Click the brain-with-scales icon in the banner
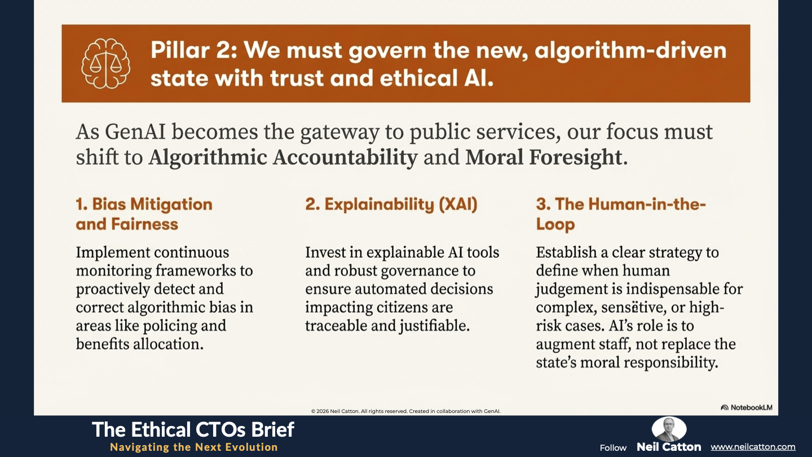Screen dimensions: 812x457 click(106, 63)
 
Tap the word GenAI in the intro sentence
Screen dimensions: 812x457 click(135, 131)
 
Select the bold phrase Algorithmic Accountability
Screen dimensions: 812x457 click(283, 157)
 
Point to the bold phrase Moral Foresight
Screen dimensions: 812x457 click(544, 157)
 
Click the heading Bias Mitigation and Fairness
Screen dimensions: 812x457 click(144, 214)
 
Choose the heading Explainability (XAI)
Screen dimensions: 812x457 click(391, 204)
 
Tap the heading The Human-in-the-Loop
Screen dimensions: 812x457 click(621, 214)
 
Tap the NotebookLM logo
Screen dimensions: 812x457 click(747, 407)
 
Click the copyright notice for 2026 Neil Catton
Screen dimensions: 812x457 click(405, 411)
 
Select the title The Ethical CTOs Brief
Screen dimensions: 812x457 click(193, 429)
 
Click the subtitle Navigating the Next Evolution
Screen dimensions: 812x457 click(194, 447)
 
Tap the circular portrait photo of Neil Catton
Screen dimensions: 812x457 click(669, 429)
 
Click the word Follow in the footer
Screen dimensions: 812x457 click(613, 448)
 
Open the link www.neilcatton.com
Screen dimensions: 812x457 click(753, 447)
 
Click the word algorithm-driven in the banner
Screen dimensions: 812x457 click(630, 50)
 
